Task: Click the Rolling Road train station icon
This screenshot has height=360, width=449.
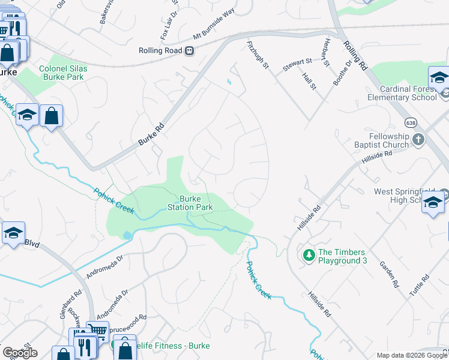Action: coord(190,51)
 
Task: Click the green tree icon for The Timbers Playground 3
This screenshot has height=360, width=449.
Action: coord(309,256)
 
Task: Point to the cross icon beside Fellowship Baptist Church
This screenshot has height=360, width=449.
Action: coord(419,140)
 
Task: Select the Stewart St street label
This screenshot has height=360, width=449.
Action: coord(298,61)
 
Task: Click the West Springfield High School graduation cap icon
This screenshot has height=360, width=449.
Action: coord(432,203)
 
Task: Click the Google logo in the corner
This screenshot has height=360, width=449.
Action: coord(19,352)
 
